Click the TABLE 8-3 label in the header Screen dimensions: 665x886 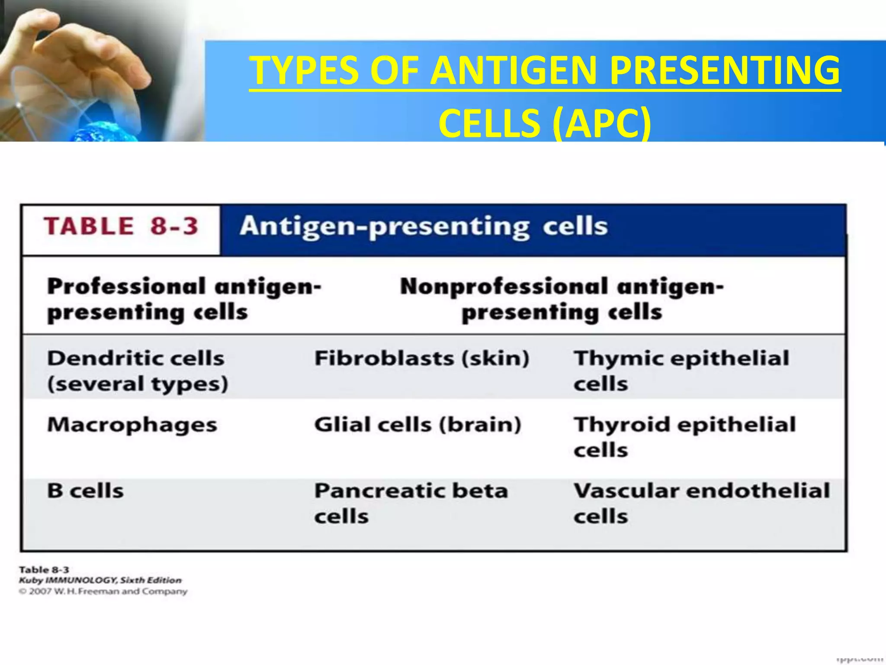[x=121, y=226]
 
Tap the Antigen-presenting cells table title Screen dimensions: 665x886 [x=424, y=226]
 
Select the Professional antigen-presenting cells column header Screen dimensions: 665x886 [x=184, y=299]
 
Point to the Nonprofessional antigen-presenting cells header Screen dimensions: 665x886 [x=562, y=299]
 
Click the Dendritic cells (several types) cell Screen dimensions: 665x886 [x=137, y=371]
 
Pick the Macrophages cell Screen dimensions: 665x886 [x=132, y=425]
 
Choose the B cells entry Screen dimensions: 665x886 [x=85, y=491]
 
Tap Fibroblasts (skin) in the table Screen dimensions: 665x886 [x=422, y=358]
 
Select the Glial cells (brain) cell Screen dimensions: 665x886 [x=417, y=425]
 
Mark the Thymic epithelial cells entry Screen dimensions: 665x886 [x=681, y=371]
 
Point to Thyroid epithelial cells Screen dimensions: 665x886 [x=684, y=437]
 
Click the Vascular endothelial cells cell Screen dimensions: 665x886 [x=701, y=503]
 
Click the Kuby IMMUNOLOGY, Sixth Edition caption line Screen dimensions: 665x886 [x=100, y=580]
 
